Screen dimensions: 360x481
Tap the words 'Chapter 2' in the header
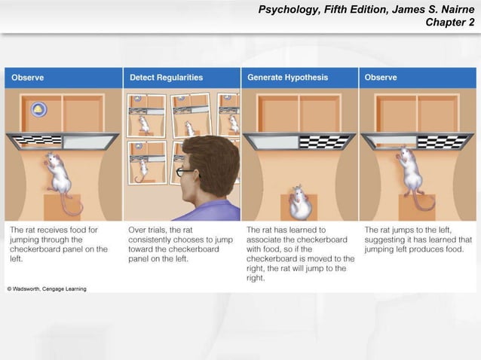pyautogui.click(x=450, y=23)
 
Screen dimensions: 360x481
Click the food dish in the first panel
pyautogui.click(x=38, y=111)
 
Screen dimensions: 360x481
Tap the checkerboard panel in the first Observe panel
pyautogui.click(x=37, y=140)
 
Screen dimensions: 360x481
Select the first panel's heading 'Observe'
pyautogui.click(x=27, y=78)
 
